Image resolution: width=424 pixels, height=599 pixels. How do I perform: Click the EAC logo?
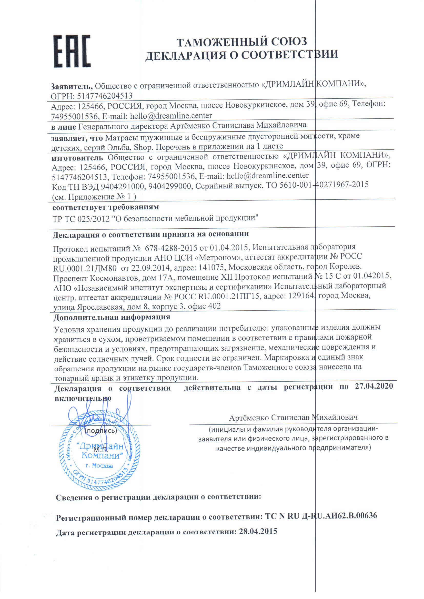(x=72, y=51)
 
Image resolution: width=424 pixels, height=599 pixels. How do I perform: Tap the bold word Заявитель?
(x=72, y=86)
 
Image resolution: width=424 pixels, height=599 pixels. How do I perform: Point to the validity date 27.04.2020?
(x=373, y=386)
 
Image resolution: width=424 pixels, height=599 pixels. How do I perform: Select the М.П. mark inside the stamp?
(x=101, y=450)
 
